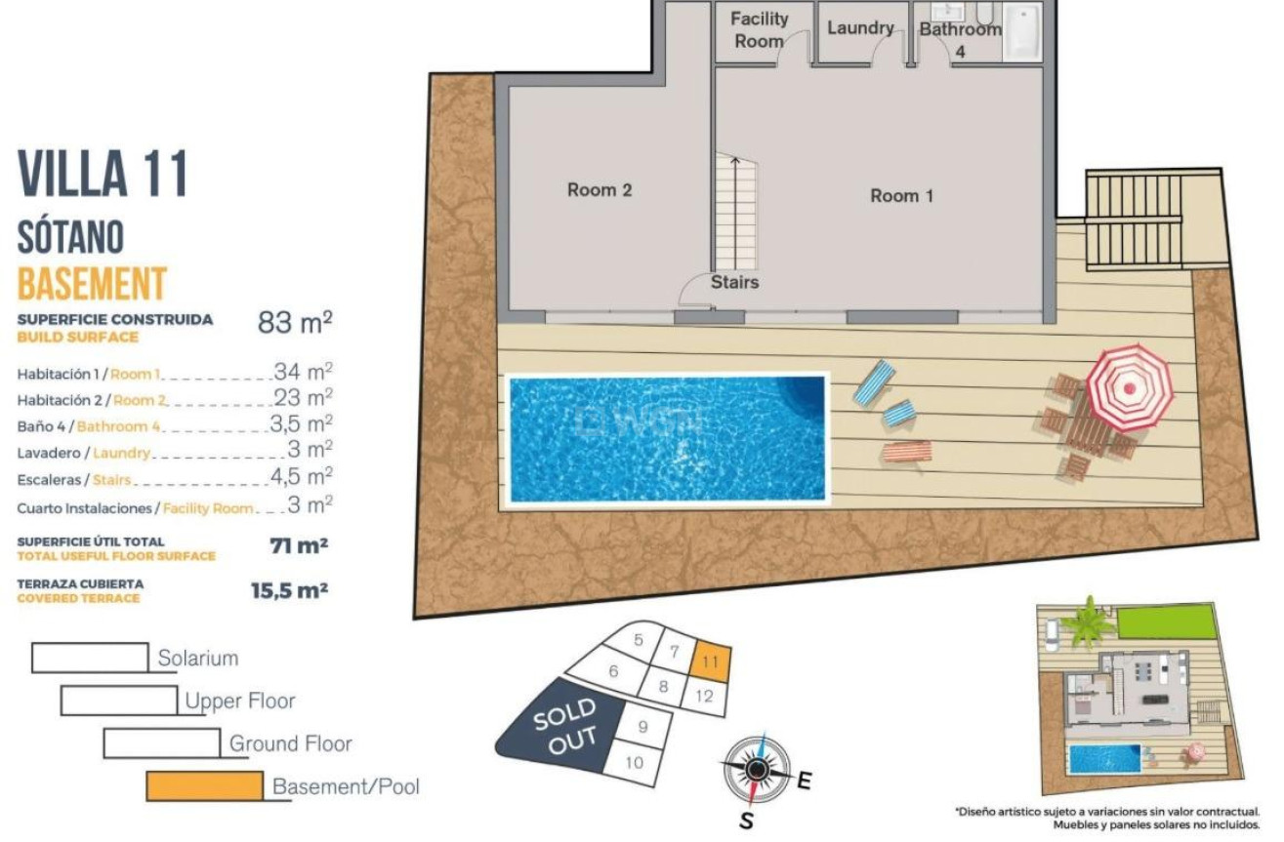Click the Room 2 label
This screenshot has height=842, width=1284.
tap(600, 190)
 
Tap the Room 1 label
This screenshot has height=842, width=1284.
tap(901, 196)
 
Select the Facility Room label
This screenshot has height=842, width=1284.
tap(759, 29)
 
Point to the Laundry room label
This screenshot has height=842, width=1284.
tap(859, 28)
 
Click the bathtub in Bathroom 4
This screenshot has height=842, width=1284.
tap(1024, 32)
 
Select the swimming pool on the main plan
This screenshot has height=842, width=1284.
tap(666, 438)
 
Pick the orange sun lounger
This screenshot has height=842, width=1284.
tap(906, 452)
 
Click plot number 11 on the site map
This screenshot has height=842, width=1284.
tap(711, 661)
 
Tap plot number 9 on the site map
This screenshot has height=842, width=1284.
tap(642, 726)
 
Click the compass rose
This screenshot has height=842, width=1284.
tap(756, 770)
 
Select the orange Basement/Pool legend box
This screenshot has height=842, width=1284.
tap(204, 785)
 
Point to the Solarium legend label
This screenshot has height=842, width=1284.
tap(198, 659)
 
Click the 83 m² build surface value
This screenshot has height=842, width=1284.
tap(295, 323)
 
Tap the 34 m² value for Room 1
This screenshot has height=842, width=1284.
tap(303, 372)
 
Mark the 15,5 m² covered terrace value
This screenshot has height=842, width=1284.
tap(289, 590)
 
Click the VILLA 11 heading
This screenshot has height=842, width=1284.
tap(103, 175)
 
